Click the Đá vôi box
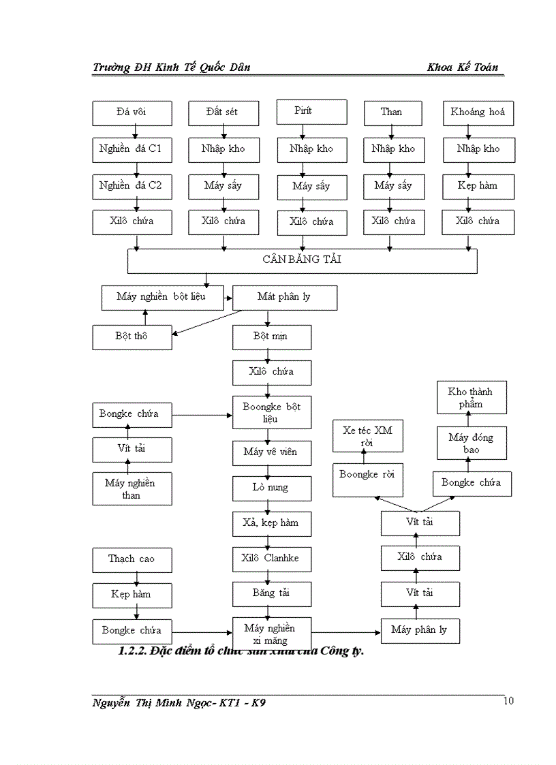coord(132,112)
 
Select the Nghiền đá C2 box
coord(132,185)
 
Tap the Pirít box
coord(311,111)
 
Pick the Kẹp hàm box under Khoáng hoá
coord(478,185)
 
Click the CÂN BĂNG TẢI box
coord(302,260)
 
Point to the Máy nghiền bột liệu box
coord(161,297)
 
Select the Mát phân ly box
coord(284,297)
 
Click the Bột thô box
coord(132,336)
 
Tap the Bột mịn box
coord(271,337)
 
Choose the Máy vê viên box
coord(271,452)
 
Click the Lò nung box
coord(271,488)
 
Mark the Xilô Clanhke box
coord(271,559)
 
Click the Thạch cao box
coord(132,559)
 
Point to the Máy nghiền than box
coord(132,488)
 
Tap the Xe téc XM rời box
coord(368,437)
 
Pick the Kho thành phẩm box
coord(471,397)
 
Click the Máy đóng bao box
coord(471,443)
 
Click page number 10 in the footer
coord(508,702)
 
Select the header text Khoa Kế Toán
coord(463,67)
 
